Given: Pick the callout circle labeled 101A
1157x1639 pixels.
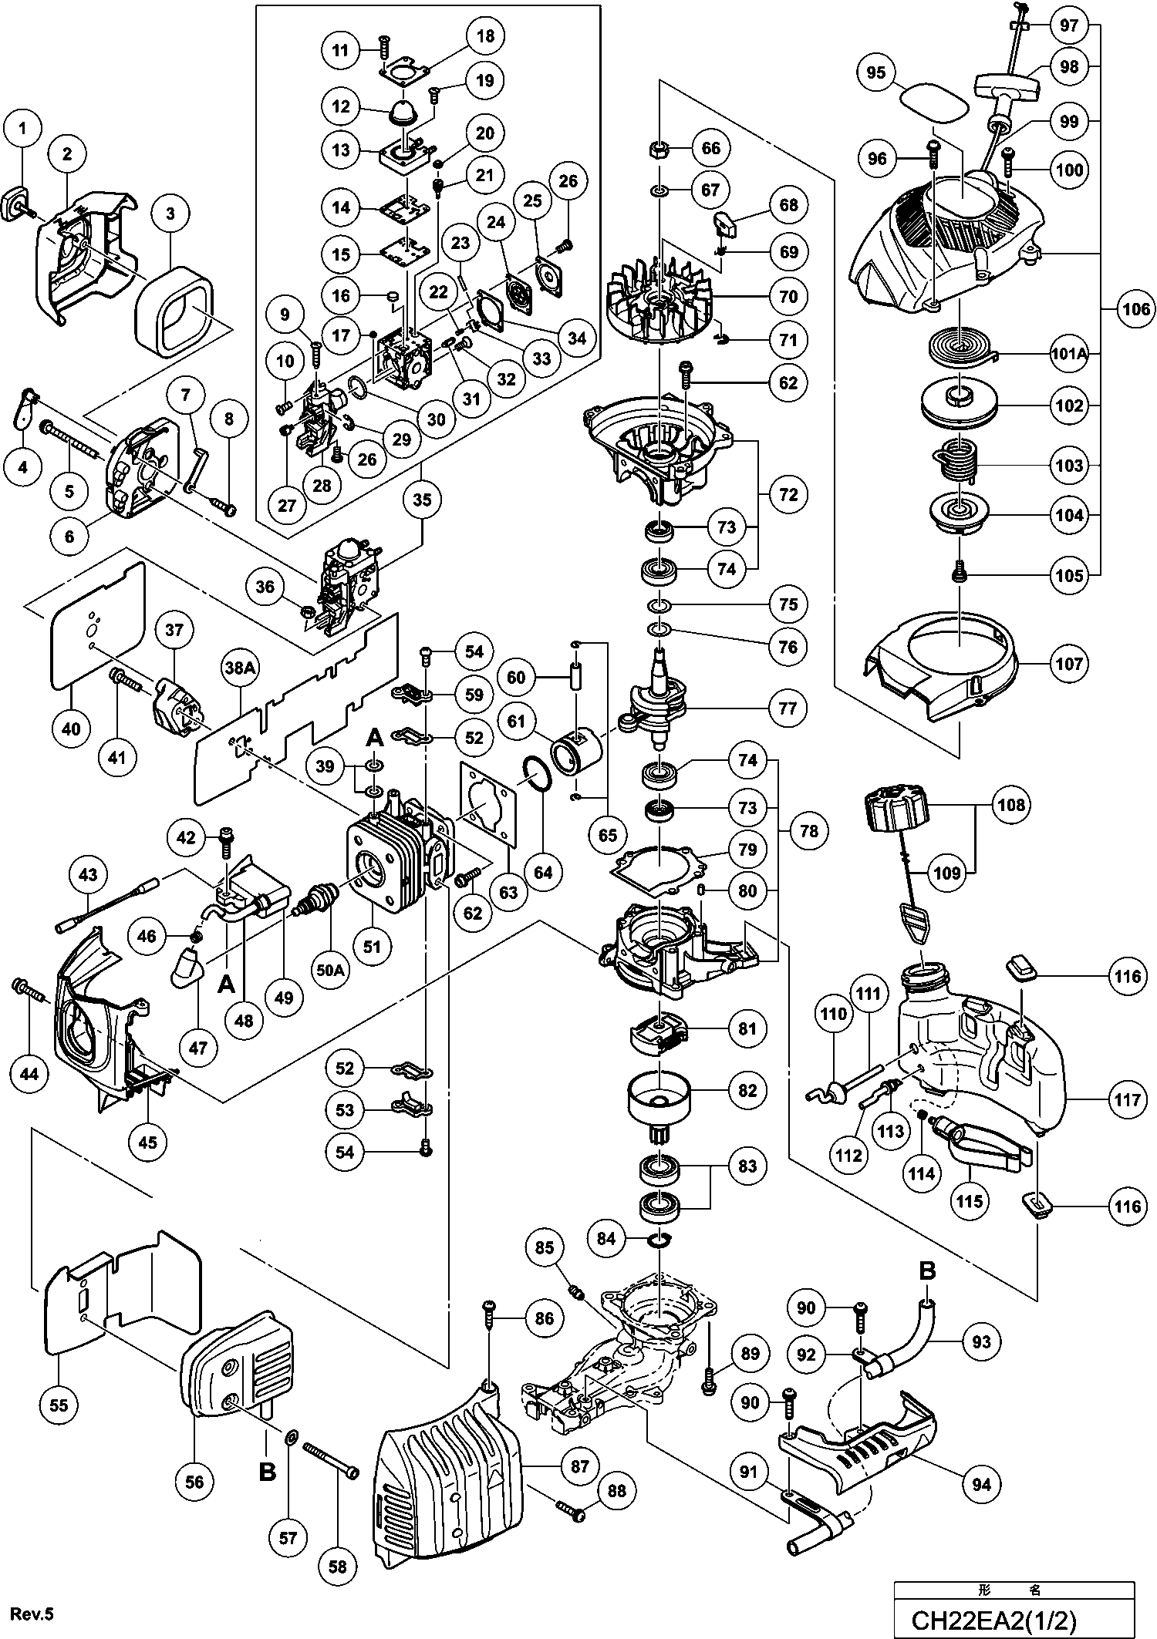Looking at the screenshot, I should (x=1069, y=355).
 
